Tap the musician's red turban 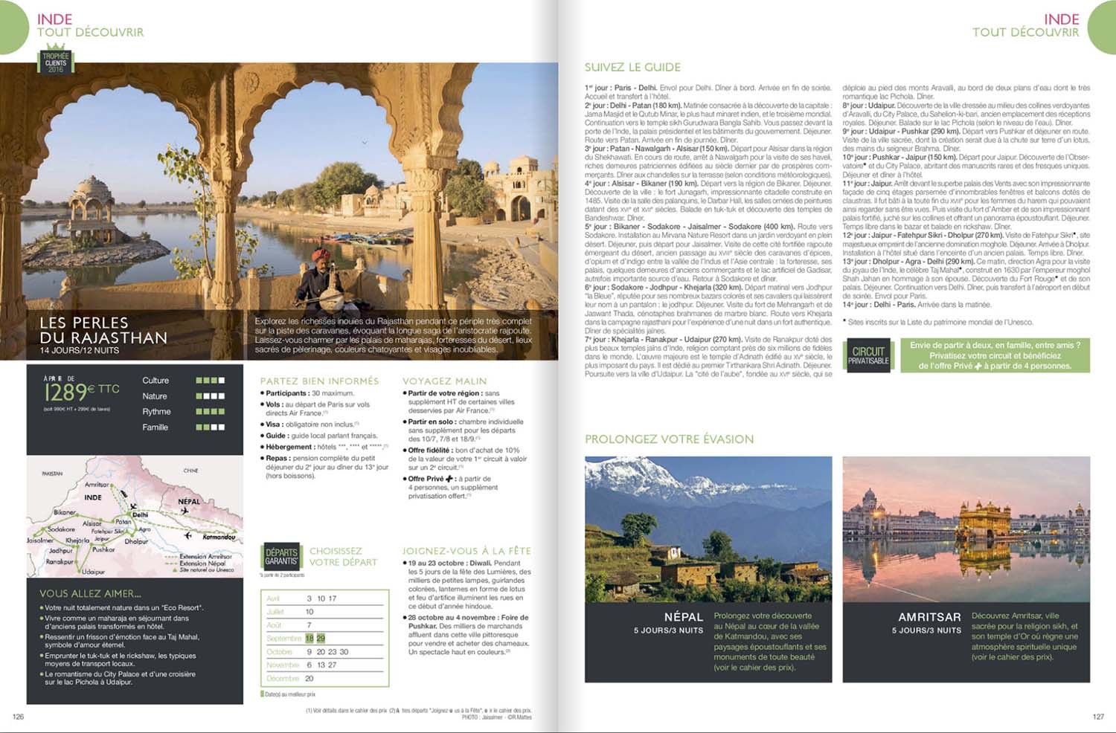(x=323, y=254)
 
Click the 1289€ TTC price (x=82, y=391)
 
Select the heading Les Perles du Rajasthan (x=103, y=331)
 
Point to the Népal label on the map (x=189, y=501)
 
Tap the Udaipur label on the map (x=94, y=572)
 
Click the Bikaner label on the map (x=64, y=512)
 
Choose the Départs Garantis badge (x=281, y=556)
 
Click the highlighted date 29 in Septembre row (x=321, y=639)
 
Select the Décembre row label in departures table (x=283, y=679)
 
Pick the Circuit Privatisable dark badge (x=868, y=355)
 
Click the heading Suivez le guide (x=632, y=68)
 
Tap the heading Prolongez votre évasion (x=669, y=439)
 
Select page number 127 (x=1098, y=717)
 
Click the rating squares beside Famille (x=210, y=427)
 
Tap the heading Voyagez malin (x=444, y=381)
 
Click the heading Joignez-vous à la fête (x=466, y=551)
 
